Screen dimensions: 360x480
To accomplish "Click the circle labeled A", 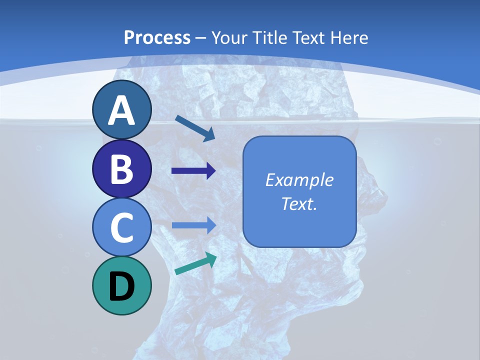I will [x=121, y=109].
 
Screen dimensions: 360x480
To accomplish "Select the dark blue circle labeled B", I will [x=121, y=168].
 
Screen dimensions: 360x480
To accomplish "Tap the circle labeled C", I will [x=121, y=227].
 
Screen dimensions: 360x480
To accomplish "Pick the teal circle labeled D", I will [x=121, y=285].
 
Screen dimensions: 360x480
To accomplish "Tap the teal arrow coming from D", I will [x=195, y=264].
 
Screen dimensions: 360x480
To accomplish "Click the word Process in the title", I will [x=157, y=37].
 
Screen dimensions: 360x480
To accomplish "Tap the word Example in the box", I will [x=299, y=180].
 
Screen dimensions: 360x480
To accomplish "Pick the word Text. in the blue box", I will [x=299, y=203].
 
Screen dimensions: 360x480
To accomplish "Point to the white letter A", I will [x=121, y=110].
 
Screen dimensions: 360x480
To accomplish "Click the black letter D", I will [x=121, y=286].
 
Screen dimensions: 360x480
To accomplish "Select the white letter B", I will [x=121, y=169].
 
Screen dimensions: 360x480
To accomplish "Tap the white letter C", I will [x=121, y=227].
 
